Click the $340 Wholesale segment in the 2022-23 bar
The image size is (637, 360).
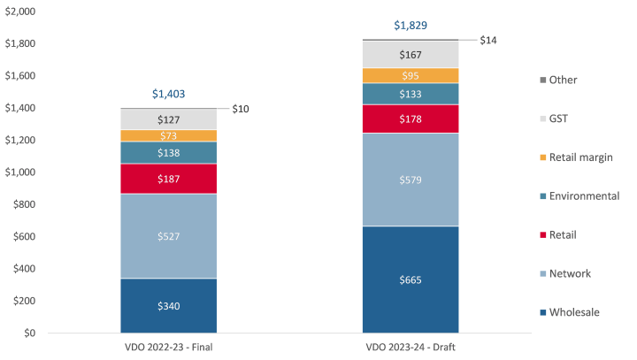(x=168, y=306)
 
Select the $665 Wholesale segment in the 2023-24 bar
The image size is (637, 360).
(x=411, y=280)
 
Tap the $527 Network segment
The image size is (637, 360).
(x=168, y=236)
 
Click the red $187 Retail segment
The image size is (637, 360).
(x=168, y=179)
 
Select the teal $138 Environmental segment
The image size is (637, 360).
(x=168, y=153)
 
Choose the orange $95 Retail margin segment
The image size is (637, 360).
(x=411, y=76)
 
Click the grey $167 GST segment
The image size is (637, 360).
(x=411, y=55)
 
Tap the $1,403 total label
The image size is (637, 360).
(x=168, y=93)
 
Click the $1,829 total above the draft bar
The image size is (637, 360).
(x=411, y=25)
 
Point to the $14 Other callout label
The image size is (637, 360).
(x=488, y=41)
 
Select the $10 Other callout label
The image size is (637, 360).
(x=241, y=109)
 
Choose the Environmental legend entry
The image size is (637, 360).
(x=583, y=196)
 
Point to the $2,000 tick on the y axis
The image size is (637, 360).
(x=20, y=11)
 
